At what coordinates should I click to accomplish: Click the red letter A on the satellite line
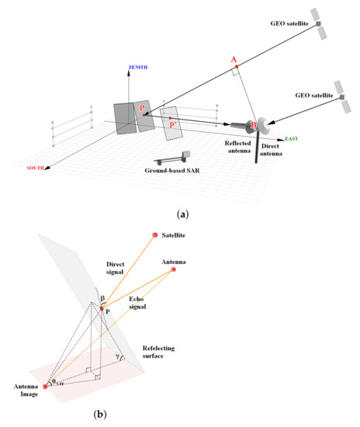point(234,60)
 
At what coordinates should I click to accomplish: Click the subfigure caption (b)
point(101,415)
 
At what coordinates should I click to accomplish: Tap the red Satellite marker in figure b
point(155,235)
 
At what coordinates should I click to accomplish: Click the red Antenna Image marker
point(46,386)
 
